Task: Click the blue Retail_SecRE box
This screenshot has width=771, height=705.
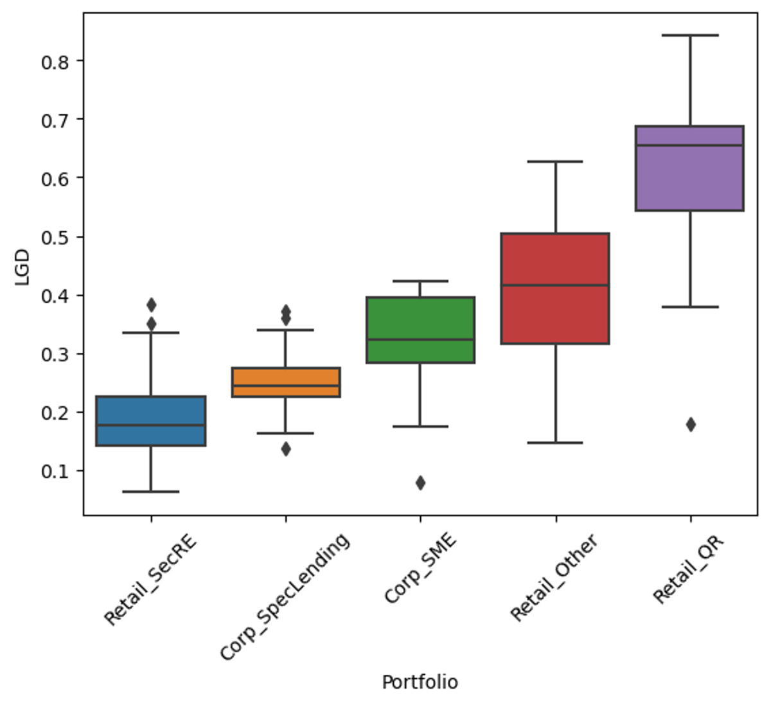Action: [150, 421]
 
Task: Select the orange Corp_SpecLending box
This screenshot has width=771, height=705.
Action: [285, 382]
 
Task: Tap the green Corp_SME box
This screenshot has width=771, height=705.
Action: [420, 330]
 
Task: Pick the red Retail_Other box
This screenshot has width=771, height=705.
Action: [555, 289]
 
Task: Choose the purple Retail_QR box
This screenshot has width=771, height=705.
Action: [689, 168]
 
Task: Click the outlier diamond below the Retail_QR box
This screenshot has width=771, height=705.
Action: [691, 424]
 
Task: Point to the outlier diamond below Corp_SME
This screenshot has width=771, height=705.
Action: [420, 483]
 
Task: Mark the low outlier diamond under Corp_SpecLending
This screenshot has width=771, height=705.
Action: [285, 449]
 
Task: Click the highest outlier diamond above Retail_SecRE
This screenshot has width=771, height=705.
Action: [151, 304]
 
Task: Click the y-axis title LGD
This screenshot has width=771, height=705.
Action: [22, 272]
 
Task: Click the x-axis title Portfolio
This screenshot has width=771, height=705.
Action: [420, 682]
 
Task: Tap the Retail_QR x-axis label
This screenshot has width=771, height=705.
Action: [688, 570]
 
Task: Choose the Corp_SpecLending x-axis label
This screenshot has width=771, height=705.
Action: [285, 597]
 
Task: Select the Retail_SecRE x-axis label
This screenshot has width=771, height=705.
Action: [150, 580]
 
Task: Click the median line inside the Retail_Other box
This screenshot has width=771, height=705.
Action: [555, 285]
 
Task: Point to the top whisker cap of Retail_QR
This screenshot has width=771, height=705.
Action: [690, 35]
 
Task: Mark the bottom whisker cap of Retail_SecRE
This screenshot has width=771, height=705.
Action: [150, 492]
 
